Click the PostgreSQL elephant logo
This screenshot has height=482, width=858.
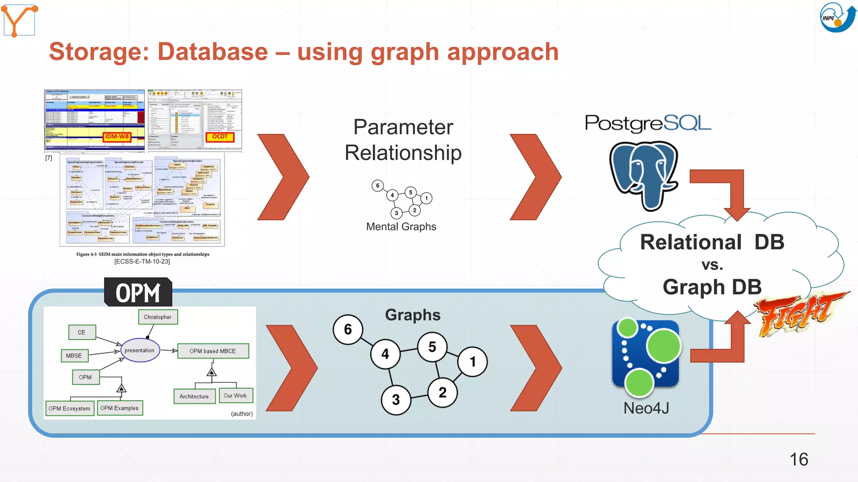coord(643,176)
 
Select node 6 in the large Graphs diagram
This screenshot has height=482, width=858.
coord(348,330)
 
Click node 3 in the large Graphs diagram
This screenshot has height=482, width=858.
coord(396,400)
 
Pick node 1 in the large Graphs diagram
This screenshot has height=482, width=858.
coord(473,361)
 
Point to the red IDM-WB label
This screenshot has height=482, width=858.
coord(117,137)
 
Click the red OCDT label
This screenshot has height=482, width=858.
coord(220,137)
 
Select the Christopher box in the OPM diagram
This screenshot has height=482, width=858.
coord(158,317)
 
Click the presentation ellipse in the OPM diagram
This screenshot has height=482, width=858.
coord(140,351)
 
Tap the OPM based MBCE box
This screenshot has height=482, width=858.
coord(213,351)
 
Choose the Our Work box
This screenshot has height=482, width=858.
coord(235,396)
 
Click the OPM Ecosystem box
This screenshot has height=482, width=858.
coord(69,408)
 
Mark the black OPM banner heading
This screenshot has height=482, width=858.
coord(138,293)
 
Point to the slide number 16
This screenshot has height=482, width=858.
coord(799,459)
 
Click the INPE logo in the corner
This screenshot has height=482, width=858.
coord(837,18)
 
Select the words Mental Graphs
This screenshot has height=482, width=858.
coord(401,227)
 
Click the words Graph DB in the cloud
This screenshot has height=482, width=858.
coord(712,287)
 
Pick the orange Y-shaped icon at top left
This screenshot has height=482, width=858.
coord(19,20)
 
